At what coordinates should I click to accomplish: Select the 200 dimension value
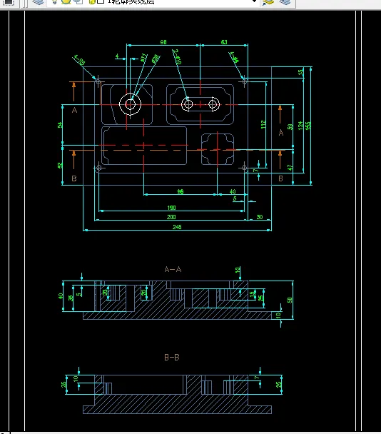pyautogui.click(x=171, y=217)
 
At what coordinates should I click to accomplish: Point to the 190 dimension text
pyautogui.click(x=171, y=208)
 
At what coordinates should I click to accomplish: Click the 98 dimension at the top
pyautogui.click(x=163, y=43)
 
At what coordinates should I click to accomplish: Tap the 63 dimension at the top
pyautogui.click(x=224, y=43)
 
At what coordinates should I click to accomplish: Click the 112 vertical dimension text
pyautogui.click(x=263, y=124)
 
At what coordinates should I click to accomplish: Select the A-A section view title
pyautogui.click(x=173, y=270)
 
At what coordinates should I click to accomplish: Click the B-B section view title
pyautogui.click(x=171, y=356)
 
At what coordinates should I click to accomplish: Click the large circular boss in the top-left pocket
pyautogui.click(x=131, y=104)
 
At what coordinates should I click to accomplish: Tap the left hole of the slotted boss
pyautogui.click(x=188, y=105)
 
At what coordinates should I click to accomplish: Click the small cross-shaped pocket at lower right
pyautogui.click(x=218, y=149)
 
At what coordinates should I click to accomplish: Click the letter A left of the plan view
pyautogui.click(x=74, y=110)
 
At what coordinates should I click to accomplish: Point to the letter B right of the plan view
pyautogui.click(x=280, y=178)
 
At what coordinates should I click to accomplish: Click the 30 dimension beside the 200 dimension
pyautogui.click(x=258, y=217)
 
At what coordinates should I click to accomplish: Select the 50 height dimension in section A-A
pyautogui.click(x=290, y=300)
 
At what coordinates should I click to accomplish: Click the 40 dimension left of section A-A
pyautogui.click(x=61, y=296)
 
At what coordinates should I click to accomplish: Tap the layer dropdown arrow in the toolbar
pyautogui.click(x=253, y=3)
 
